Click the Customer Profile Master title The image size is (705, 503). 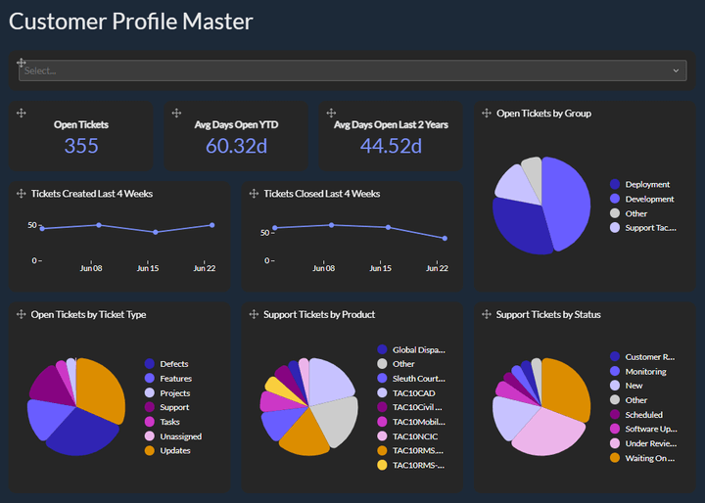click(130, 22)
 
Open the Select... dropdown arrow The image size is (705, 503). click(676, 70)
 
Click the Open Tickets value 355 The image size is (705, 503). click(81, 146)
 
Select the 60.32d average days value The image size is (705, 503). click(236, 146)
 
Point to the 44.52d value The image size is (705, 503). click(391, 146)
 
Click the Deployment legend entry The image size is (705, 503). click(647, 184)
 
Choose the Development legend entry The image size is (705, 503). click(649, 199)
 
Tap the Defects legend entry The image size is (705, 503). click(173, 364)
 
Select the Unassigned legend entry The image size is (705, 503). click(180, 436)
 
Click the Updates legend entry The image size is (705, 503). click(174, 450)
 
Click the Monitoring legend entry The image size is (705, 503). click(645, 371)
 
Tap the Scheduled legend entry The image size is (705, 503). click(643, 415)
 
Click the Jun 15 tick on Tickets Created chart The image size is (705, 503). click(148, 268)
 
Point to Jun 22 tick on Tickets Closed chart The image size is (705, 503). click(437, 268)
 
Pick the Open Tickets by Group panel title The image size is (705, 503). click(543, 114)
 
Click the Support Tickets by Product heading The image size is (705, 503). click(319, 315)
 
